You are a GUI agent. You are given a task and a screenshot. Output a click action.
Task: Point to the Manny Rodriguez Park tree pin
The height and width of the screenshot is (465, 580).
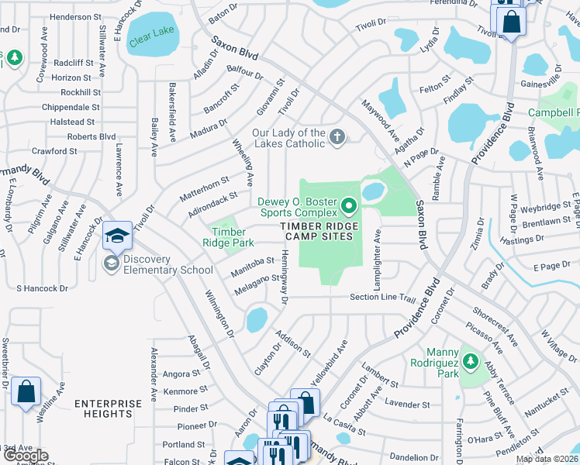point(470,360)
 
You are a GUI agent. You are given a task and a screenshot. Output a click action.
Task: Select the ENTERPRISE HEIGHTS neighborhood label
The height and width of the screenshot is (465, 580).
point(109,408)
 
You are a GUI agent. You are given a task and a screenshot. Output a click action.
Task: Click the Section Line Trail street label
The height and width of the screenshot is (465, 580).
point(383,297)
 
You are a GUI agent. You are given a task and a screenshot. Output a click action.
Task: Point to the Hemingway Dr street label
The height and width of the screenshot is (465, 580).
point(284,277)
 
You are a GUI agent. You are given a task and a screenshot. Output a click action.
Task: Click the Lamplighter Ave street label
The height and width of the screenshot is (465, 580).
point(378,260)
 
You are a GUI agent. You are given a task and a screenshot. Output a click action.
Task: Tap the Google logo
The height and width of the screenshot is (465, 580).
point(26,456)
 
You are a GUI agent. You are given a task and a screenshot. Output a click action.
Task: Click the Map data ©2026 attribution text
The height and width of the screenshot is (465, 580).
point(547,459)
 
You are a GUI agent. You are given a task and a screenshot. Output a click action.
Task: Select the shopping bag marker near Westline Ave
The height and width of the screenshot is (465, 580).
point(26,392)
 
